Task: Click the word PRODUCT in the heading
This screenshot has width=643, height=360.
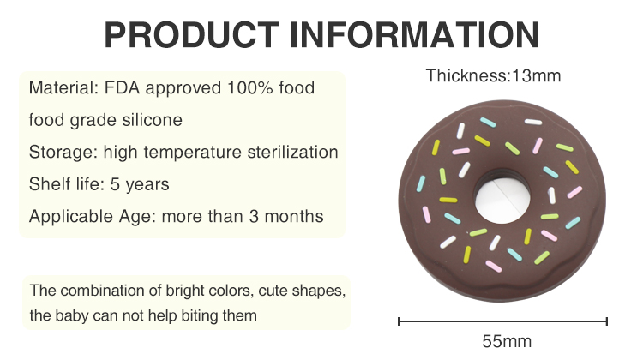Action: pyautogui.click(x=191, y=34)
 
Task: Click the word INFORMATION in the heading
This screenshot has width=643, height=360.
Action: pyautogui.click(x=414, y=34)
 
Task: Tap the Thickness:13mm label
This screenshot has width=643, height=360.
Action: pyautogui.click(x=493, y=75)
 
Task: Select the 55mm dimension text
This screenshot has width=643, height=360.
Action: pyautogui.click(x=507, y=341)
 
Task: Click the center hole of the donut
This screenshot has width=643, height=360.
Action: pyautogui.click(x=502, y=198)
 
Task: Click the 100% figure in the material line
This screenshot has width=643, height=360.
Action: pyautogui.click(x=250, y=87)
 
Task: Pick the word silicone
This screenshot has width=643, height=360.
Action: pyautogui.click(x=152, y=120)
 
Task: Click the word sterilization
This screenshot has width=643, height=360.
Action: pyautogui.click(x=293, y=152)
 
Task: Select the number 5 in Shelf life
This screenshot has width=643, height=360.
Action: pyautogui.click(x=115, y=184)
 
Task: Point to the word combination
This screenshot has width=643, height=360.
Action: pyautogui.click(x=103, y=291)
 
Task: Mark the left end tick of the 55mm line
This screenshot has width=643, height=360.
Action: pyautogui.click(x=399, y=321)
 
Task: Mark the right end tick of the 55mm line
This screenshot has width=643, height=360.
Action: pyautogui.click(x=607, y=321)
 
